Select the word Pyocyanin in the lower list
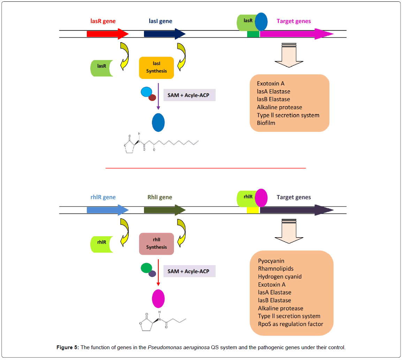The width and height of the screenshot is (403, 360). [x=271, y=261]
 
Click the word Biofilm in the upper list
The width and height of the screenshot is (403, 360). [x=266, y=123]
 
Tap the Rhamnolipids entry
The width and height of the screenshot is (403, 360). [x=275, y=269]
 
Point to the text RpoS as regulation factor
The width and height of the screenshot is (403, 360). [x=290, y=324]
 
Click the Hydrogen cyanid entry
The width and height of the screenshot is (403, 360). [x=280, y=277]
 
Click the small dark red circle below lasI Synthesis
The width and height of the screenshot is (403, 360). [x=152, y=98]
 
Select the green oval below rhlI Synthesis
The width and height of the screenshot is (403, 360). [x=146, y=268]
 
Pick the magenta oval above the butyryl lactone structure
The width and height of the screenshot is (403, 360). [x=158, y=299]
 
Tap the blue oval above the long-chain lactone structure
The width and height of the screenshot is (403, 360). [x=158, y=122]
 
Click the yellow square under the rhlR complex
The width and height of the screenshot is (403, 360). [x=253, y=210]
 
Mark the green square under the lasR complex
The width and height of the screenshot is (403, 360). [x=253, y=34]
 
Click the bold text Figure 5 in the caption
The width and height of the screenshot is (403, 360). [x=69, y=347]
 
